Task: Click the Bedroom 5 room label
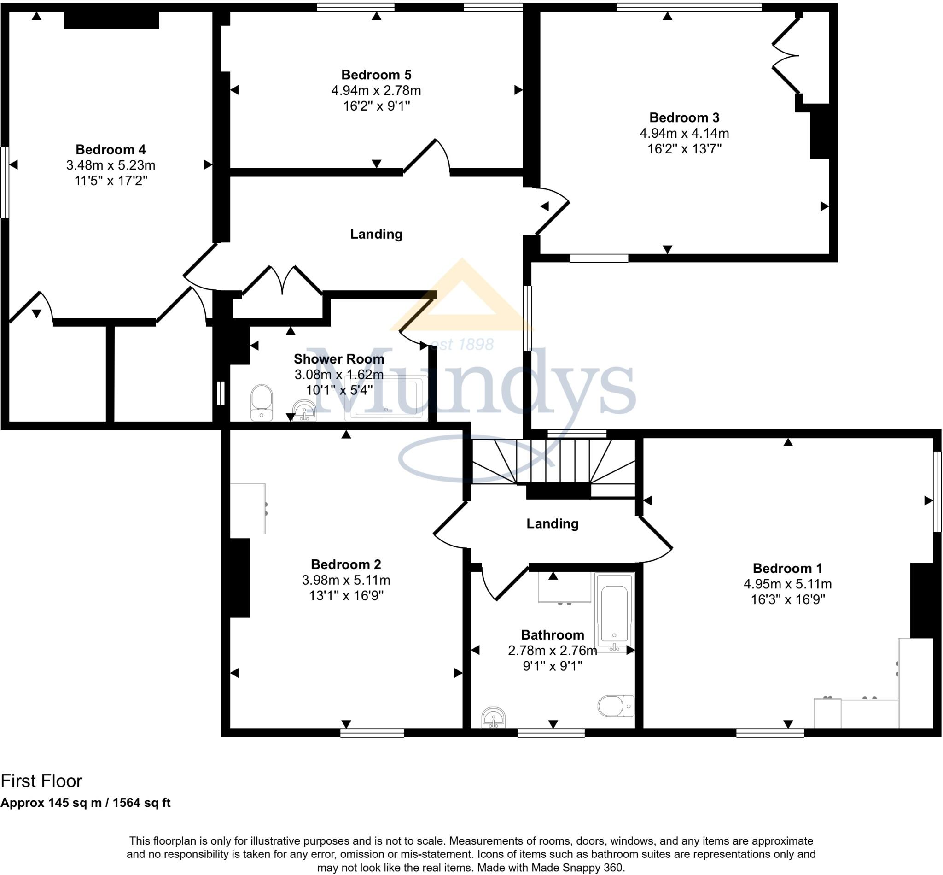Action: click(x=376, y=75)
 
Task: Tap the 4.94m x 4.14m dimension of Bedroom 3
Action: click(x=684, y=133)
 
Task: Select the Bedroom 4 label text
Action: click(x=111, y=150)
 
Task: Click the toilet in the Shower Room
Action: click(x=262, y=402)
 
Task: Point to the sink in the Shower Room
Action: click(x=304, y=410)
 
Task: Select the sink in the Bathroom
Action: click(x=494, y=717)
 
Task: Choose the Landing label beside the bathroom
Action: click(x=552, y=524)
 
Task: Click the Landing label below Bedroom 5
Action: click(x=376, y=234)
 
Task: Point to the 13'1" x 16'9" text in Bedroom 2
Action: click(x=346, y=596)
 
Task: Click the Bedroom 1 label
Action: click(x=787, y=568)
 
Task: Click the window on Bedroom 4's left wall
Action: click(x=5, y=182)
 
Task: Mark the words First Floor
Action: click(x=41, y=781)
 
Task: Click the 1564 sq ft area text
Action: click(x=141, y=803)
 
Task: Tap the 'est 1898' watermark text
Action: click(x=462, y=344)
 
